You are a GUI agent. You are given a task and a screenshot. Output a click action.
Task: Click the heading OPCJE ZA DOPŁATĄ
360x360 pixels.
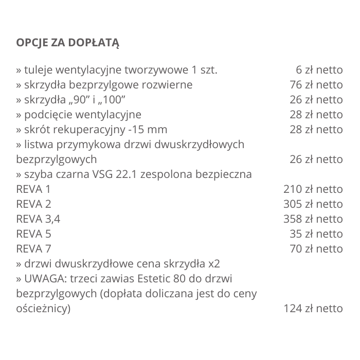coord(67,42)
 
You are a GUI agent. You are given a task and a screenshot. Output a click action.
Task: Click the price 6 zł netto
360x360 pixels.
coord(319,70)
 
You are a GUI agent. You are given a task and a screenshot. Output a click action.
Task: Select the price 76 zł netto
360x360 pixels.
coord(316,85)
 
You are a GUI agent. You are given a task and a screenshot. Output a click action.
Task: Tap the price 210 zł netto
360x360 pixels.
coord(313,189)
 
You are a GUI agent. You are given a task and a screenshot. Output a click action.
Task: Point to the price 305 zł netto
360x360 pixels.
coord(313,204)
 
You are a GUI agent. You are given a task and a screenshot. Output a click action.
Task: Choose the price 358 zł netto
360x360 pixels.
coord(313,219)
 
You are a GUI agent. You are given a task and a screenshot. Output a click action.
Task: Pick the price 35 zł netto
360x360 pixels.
coord(316,234)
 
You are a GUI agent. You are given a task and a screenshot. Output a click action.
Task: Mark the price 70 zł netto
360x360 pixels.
coord(316,249)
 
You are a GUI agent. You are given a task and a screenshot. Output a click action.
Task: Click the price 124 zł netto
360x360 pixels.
coord(313,309)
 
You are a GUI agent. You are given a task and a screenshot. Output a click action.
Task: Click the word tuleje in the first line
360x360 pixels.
coord(38,70)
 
